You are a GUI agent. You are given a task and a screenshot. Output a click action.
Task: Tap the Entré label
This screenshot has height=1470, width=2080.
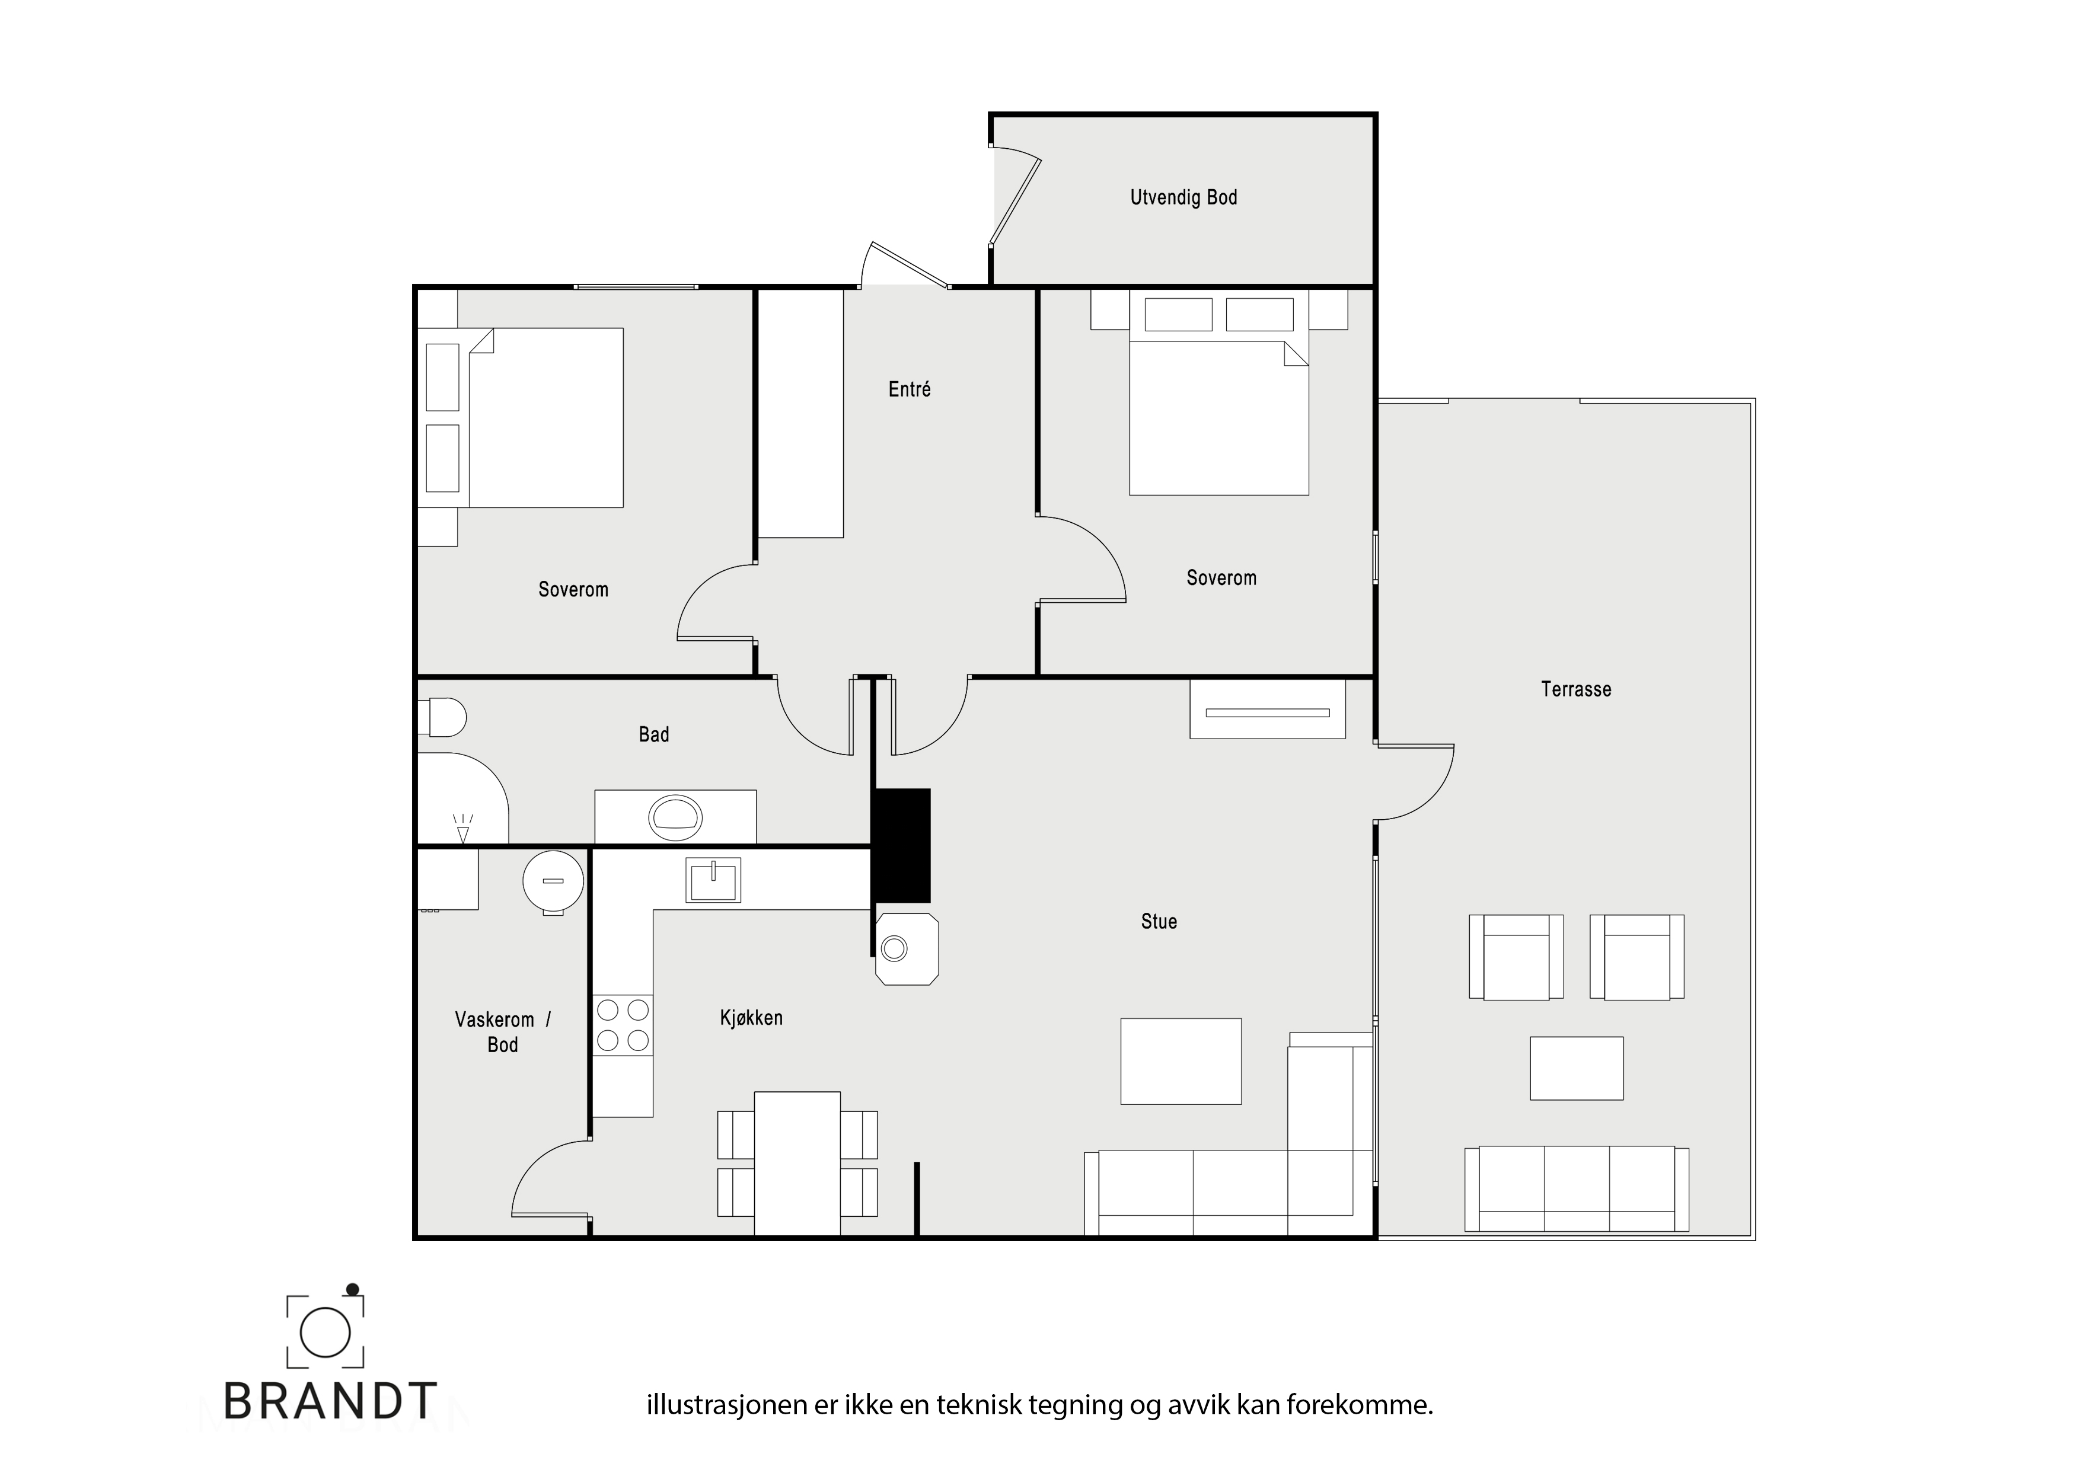click(910, 389)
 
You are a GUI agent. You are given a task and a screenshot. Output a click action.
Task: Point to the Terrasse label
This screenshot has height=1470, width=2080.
click(1577, 689)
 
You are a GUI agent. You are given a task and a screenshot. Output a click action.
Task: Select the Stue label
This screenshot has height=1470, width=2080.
click(1159, 922)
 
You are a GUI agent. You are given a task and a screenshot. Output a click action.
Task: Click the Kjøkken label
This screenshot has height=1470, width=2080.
click(751, 1018)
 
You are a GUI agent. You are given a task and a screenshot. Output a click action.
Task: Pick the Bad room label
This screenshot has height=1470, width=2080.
click(654, 734)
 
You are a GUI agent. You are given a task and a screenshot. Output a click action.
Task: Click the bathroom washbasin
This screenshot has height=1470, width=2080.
click(675, 817)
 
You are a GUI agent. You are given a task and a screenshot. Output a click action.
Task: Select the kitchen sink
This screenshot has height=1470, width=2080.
click(713, 880)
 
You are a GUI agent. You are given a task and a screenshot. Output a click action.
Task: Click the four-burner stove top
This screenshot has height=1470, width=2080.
click(623, 1025)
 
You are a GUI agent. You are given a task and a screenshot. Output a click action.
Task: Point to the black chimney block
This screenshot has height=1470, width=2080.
click(901, 845)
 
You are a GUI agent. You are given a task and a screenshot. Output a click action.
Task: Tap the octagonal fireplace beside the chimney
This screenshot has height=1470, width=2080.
click(907, 948)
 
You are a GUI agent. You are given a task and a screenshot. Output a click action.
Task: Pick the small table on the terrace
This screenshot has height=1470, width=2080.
click(1577, 1068)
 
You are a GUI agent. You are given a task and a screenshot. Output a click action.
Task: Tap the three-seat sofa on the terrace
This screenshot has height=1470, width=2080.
click(1577, 1188)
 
